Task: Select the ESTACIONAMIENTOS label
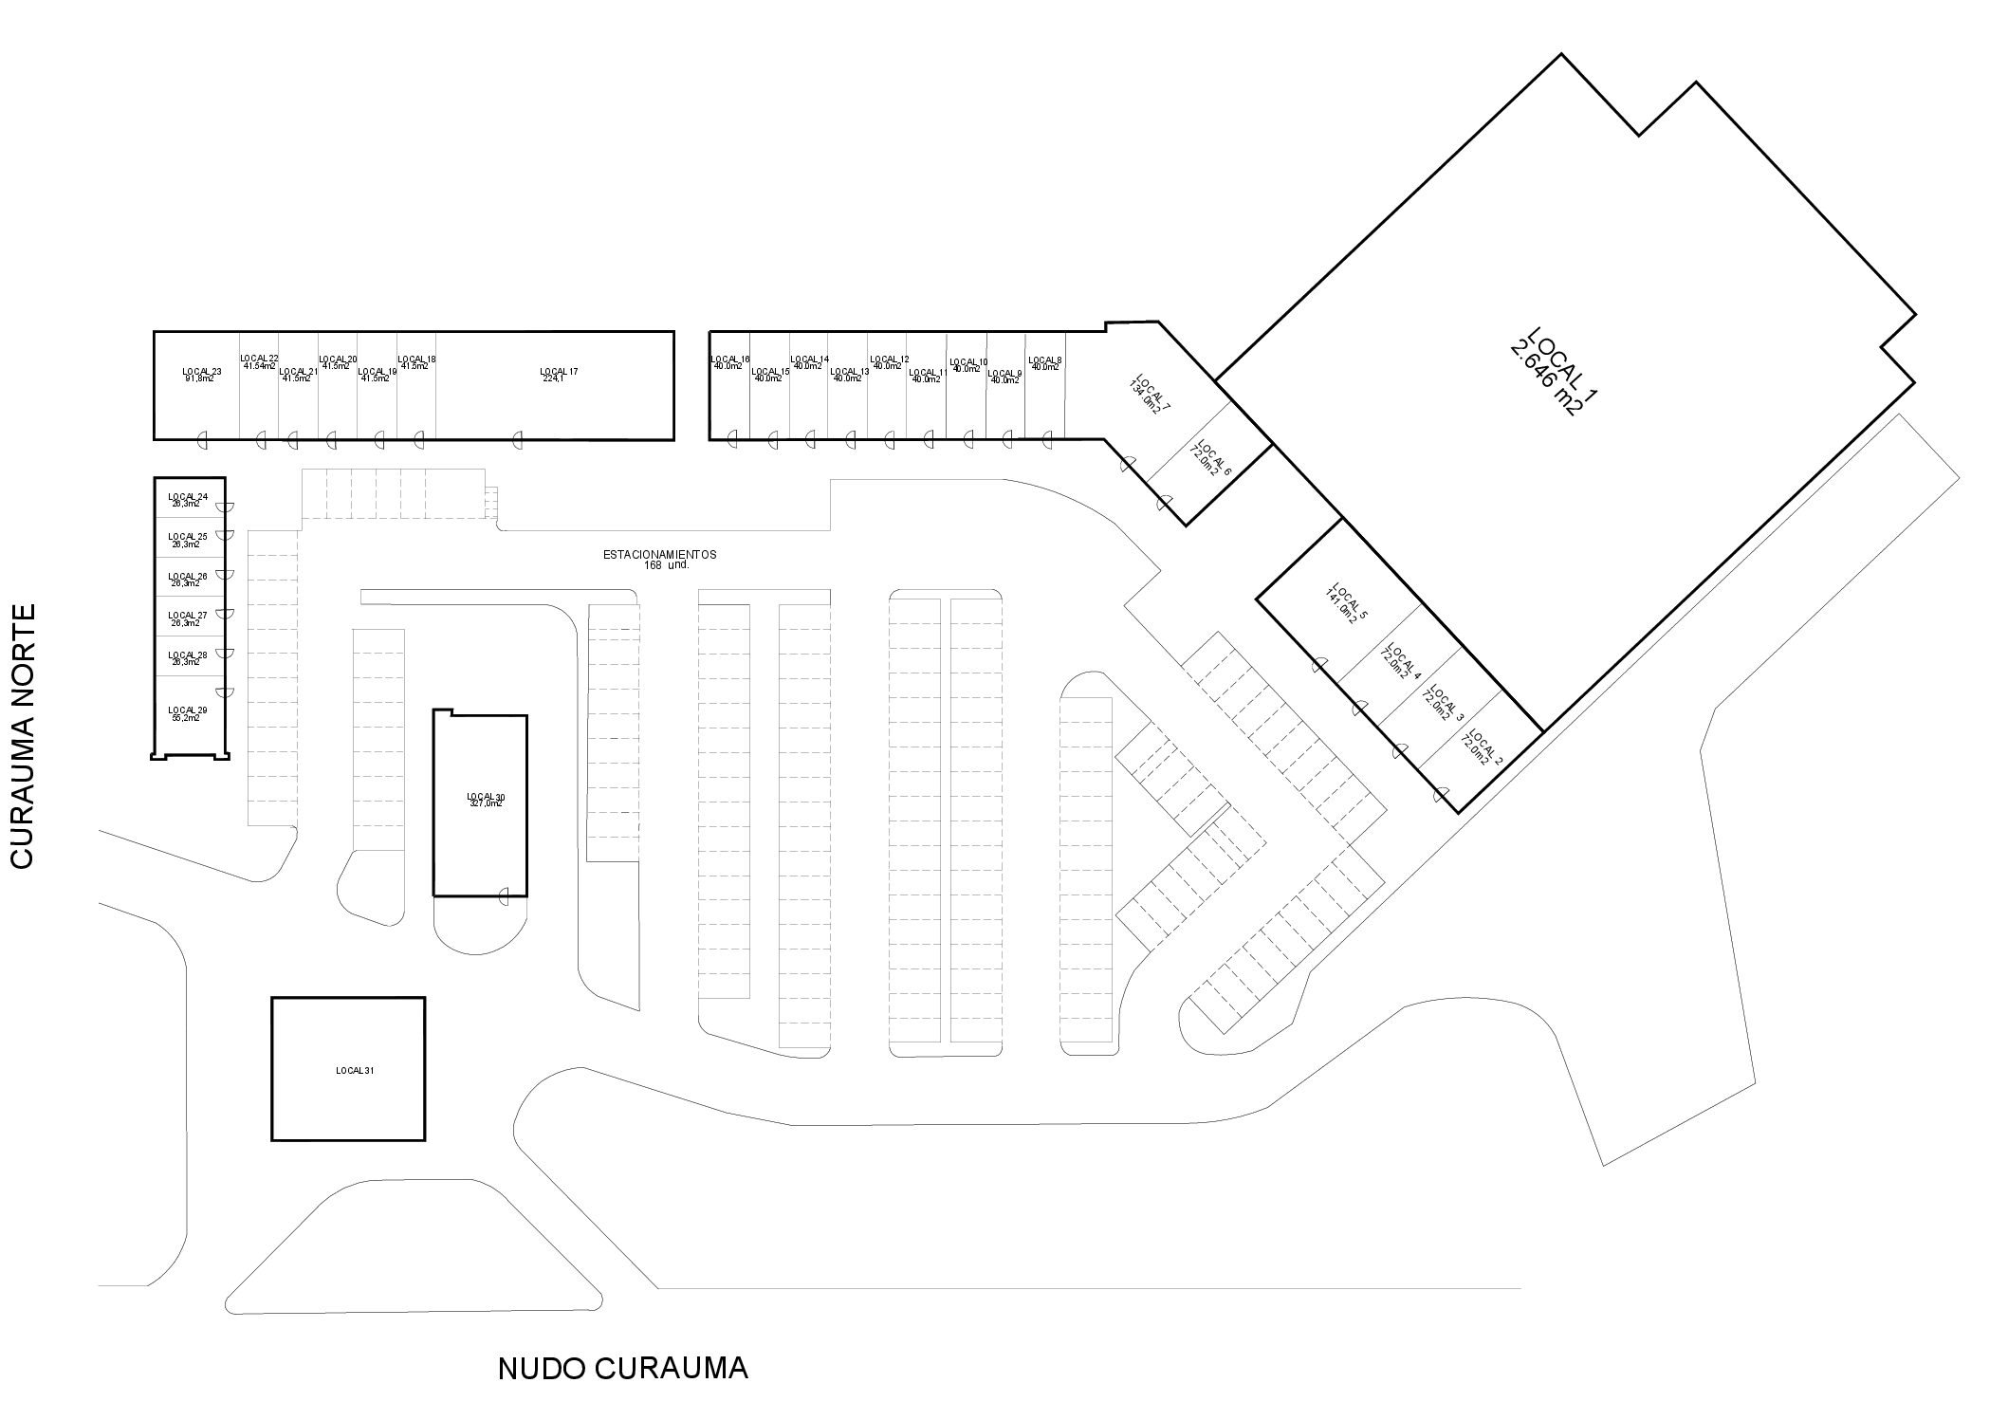click(x=660, y=554)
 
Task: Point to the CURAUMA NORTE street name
click(x=22, y=735)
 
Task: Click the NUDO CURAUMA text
click(x=623, y=1369)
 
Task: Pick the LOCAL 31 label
click(x=355, y=1071)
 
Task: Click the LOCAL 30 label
click(x=486, y=796)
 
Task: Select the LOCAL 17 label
click(x=559, y=371)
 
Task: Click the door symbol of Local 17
click(x=517, y=438)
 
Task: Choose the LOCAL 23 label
click(x=202, y=371)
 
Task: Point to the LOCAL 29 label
click(x=188, y=710)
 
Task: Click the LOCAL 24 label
click(x=188, y=496)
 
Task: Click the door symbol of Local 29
click(x=224, y=692)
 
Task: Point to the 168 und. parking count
click(x=664, y=565)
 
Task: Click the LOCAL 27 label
click(x=188, y=615)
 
